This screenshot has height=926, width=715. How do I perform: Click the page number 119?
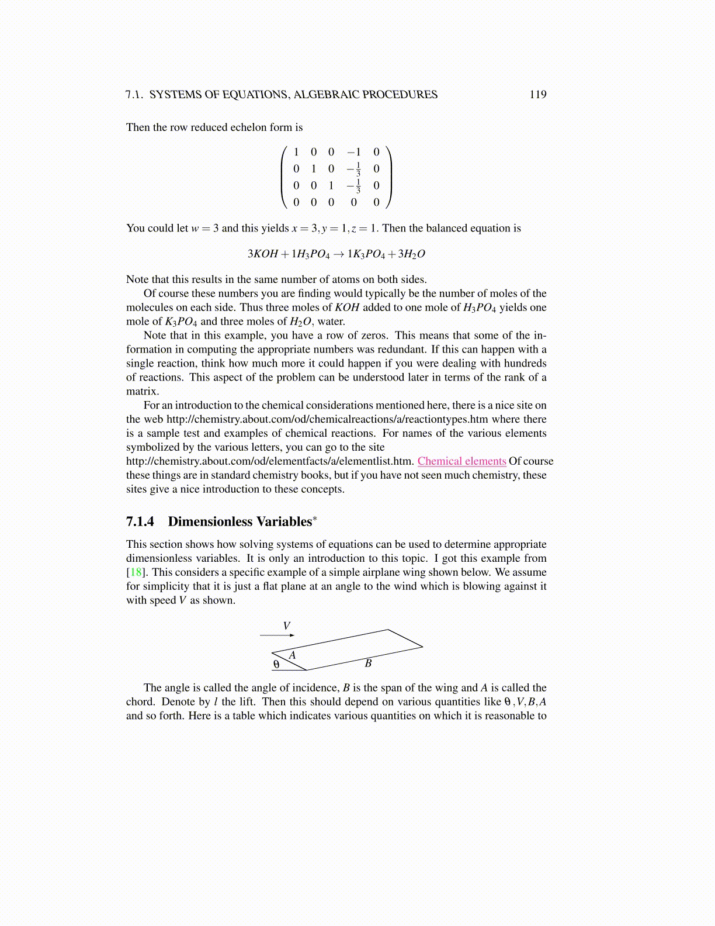tap(537, 95)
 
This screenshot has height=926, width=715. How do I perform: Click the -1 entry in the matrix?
tap(354, 152)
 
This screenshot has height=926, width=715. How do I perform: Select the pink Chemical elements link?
tap(461, 461)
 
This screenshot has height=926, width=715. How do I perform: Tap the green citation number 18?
tap(135, 572)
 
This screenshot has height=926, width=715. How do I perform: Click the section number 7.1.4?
tap(140, 521)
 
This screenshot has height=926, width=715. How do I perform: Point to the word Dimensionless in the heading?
tap(210, 521)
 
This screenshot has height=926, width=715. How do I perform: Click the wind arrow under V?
tap(277, 635)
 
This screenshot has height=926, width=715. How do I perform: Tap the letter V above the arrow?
tap(287, 626)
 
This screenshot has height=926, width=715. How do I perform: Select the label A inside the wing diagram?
tap(293, 655)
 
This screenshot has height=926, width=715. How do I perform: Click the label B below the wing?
tap(368, 663)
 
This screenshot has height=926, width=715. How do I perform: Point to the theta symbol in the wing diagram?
tap(276, 665)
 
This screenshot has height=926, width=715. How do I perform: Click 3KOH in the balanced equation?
tap(262, 254)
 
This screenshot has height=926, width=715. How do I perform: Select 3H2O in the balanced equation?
tap(411, 254)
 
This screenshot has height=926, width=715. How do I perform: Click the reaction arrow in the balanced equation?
tap(339, 254)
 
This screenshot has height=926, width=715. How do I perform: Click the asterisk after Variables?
tap(315, 518)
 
